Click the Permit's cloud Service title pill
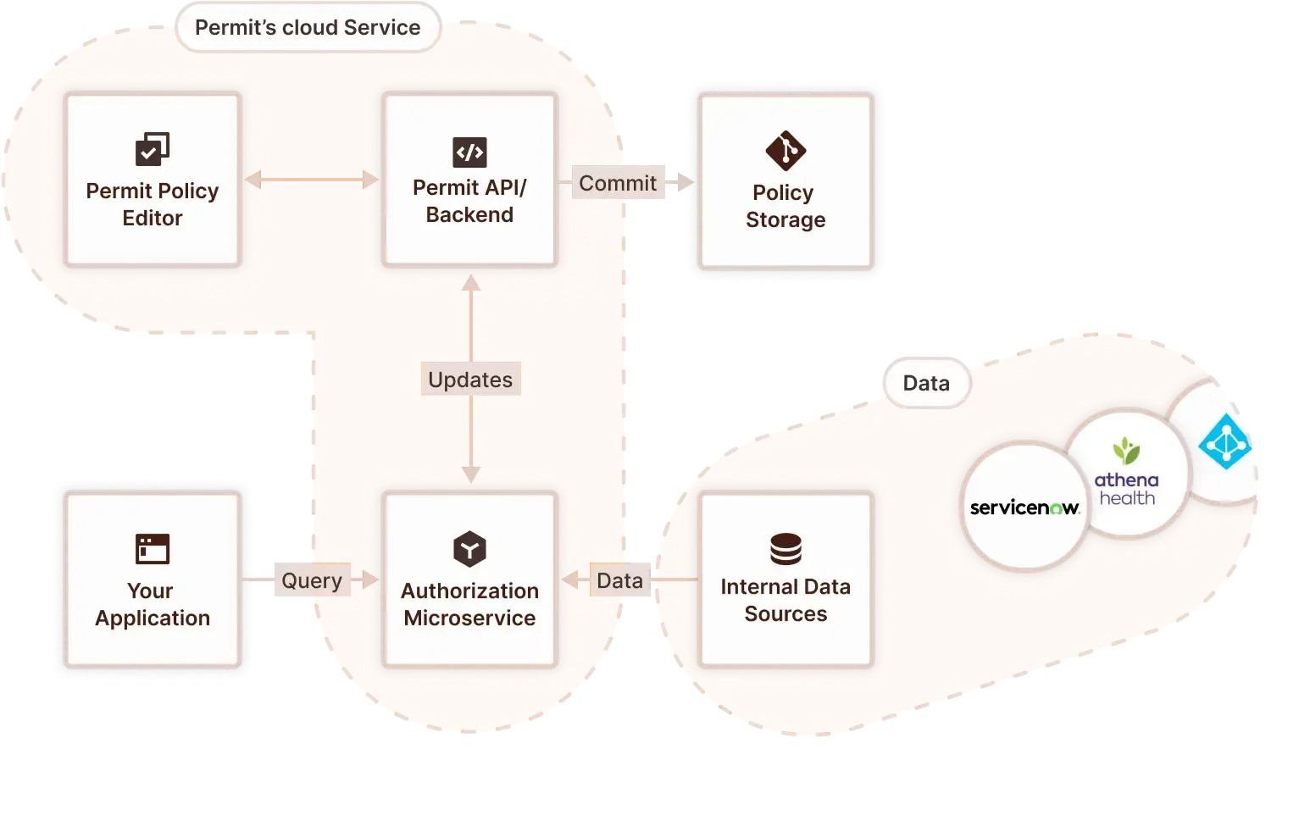coord(308,28)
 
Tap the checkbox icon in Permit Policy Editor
coord(153,149)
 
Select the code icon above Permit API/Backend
coord(469,152)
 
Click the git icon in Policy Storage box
coord(785,151)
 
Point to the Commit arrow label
coord(618,183)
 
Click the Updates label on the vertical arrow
coord(470,380)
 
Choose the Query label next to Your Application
coord(311,580)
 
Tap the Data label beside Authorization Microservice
coord(619,580)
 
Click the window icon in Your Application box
coord(153,549)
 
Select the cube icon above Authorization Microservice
coord(469,549)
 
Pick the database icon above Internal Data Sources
coord(785,549)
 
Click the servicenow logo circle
coord(1024,507)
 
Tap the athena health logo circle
coord(1126,474)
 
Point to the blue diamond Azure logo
coord(1224,441)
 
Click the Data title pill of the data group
coord(926,383)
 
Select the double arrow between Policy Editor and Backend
coord(312,180)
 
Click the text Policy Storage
coord(785,206)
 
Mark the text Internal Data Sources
coord(785,600)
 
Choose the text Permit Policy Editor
coord(153,204)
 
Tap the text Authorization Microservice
coord(469,604)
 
